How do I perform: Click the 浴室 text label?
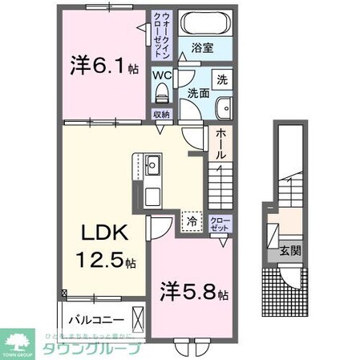(202, 47)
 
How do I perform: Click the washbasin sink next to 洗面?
(224, 104)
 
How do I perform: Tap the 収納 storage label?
(163, 115)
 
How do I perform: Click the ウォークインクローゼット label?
(162, 33)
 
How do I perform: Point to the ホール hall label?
(221, 144)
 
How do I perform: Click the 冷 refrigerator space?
(192, 220)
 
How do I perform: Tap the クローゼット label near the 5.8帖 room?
(219, 222)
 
